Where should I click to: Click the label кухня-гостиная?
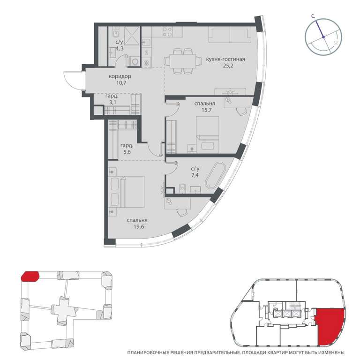point(225,59)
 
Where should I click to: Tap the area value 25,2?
point(228,66)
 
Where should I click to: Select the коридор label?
point(120,76)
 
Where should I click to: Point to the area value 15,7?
point(207,110)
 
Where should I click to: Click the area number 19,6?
point(139,227)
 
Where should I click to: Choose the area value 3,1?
point(112,102)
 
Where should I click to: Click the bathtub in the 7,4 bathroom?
point(216,175)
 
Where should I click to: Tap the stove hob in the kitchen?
point(167,32)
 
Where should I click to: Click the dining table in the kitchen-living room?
point(183,61)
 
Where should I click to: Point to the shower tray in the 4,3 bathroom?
point(132,36)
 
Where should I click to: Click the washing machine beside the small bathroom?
point(135,61)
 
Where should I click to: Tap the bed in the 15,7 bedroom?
point(208,135)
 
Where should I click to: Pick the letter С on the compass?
point(313,16)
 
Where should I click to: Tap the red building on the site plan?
point(30,276)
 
